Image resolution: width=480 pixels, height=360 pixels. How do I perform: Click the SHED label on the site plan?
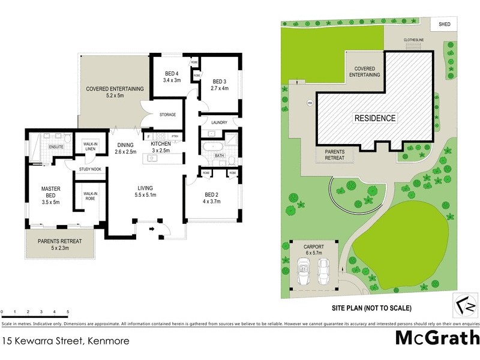445,24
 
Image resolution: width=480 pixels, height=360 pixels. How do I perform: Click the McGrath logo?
436,338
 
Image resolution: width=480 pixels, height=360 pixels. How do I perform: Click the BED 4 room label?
172,76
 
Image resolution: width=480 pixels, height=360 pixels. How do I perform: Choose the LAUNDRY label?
218,122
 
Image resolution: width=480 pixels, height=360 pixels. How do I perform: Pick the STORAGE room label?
167,115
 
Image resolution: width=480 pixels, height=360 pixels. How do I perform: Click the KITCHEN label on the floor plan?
161,147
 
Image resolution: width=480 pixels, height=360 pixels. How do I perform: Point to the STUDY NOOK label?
90,170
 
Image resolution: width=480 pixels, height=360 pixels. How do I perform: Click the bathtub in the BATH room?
212,146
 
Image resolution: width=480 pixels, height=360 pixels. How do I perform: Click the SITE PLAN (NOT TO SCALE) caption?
372,308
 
